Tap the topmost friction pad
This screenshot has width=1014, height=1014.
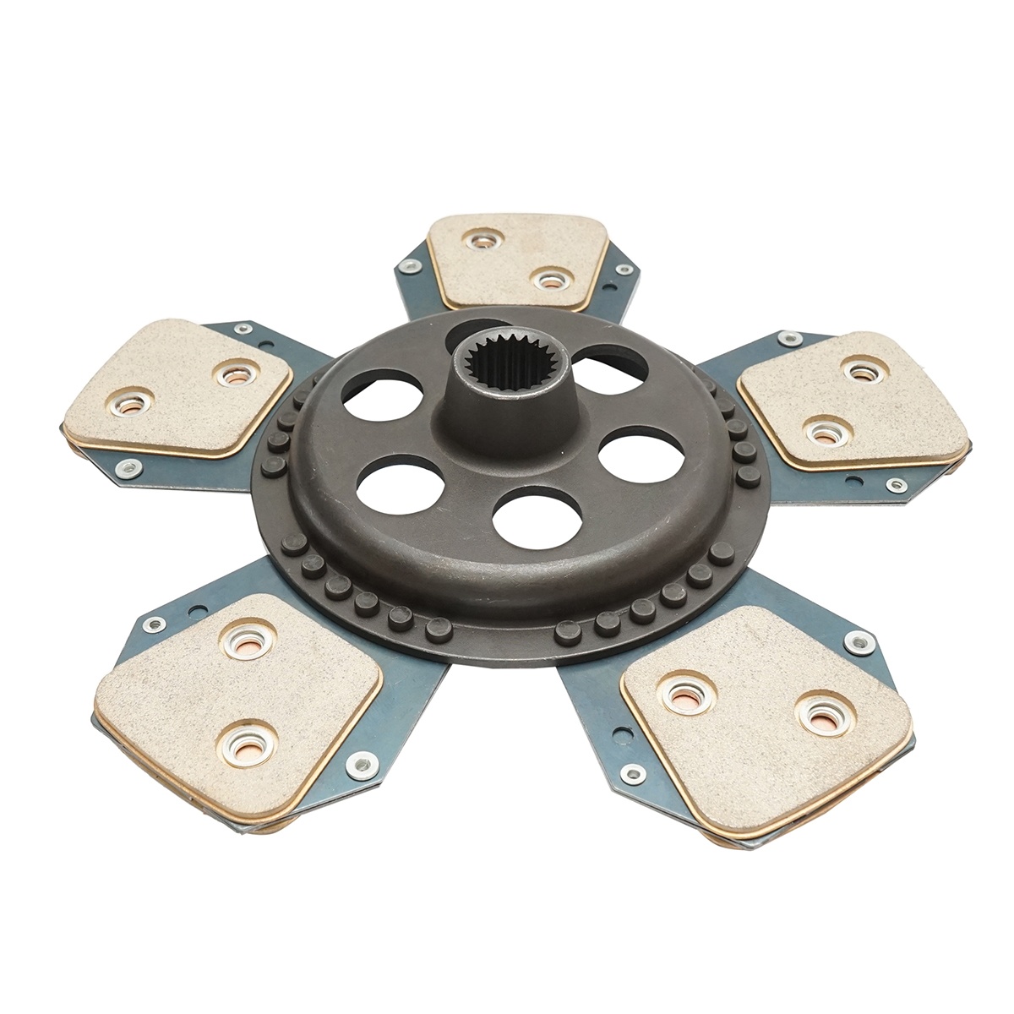pyautogui.click(x=517, y=259)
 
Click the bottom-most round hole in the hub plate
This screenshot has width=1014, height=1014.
pyautogui.click(x=537, y=519)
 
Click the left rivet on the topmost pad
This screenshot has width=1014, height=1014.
pyautogui.click(x=482, y=242)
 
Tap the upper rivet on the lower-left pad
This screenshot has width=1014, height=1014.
pyautogui.click(x=248, y=636)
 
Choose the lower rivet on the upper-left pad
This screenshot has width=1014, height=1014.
pyautogui.click(x=129, y=406)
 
